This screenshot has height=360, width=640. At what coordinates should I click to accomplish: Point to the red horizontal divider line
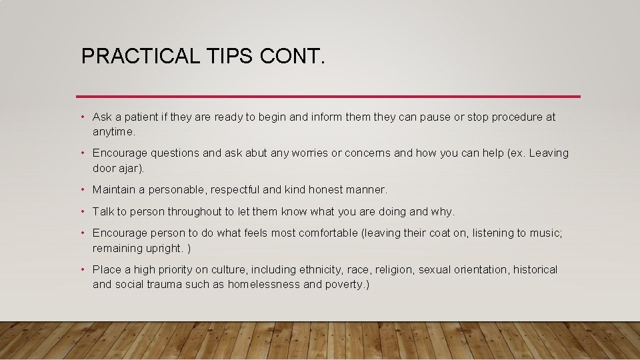(x=328, y=97)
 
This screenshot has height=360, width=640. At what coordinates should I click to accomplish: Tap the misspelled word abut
(x=237, y=153)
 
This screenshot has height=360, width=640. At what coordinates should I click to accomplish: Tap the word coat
(x=450, y=233)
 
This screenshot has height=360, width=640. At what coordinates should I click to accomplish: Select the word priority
(x=177, y=270)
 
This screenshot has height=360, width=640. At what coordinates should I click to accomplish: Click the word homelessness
(x=264, y=285)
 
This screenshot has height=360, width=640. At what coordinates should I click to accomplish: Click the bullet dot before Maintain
(x=82, y=190)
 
